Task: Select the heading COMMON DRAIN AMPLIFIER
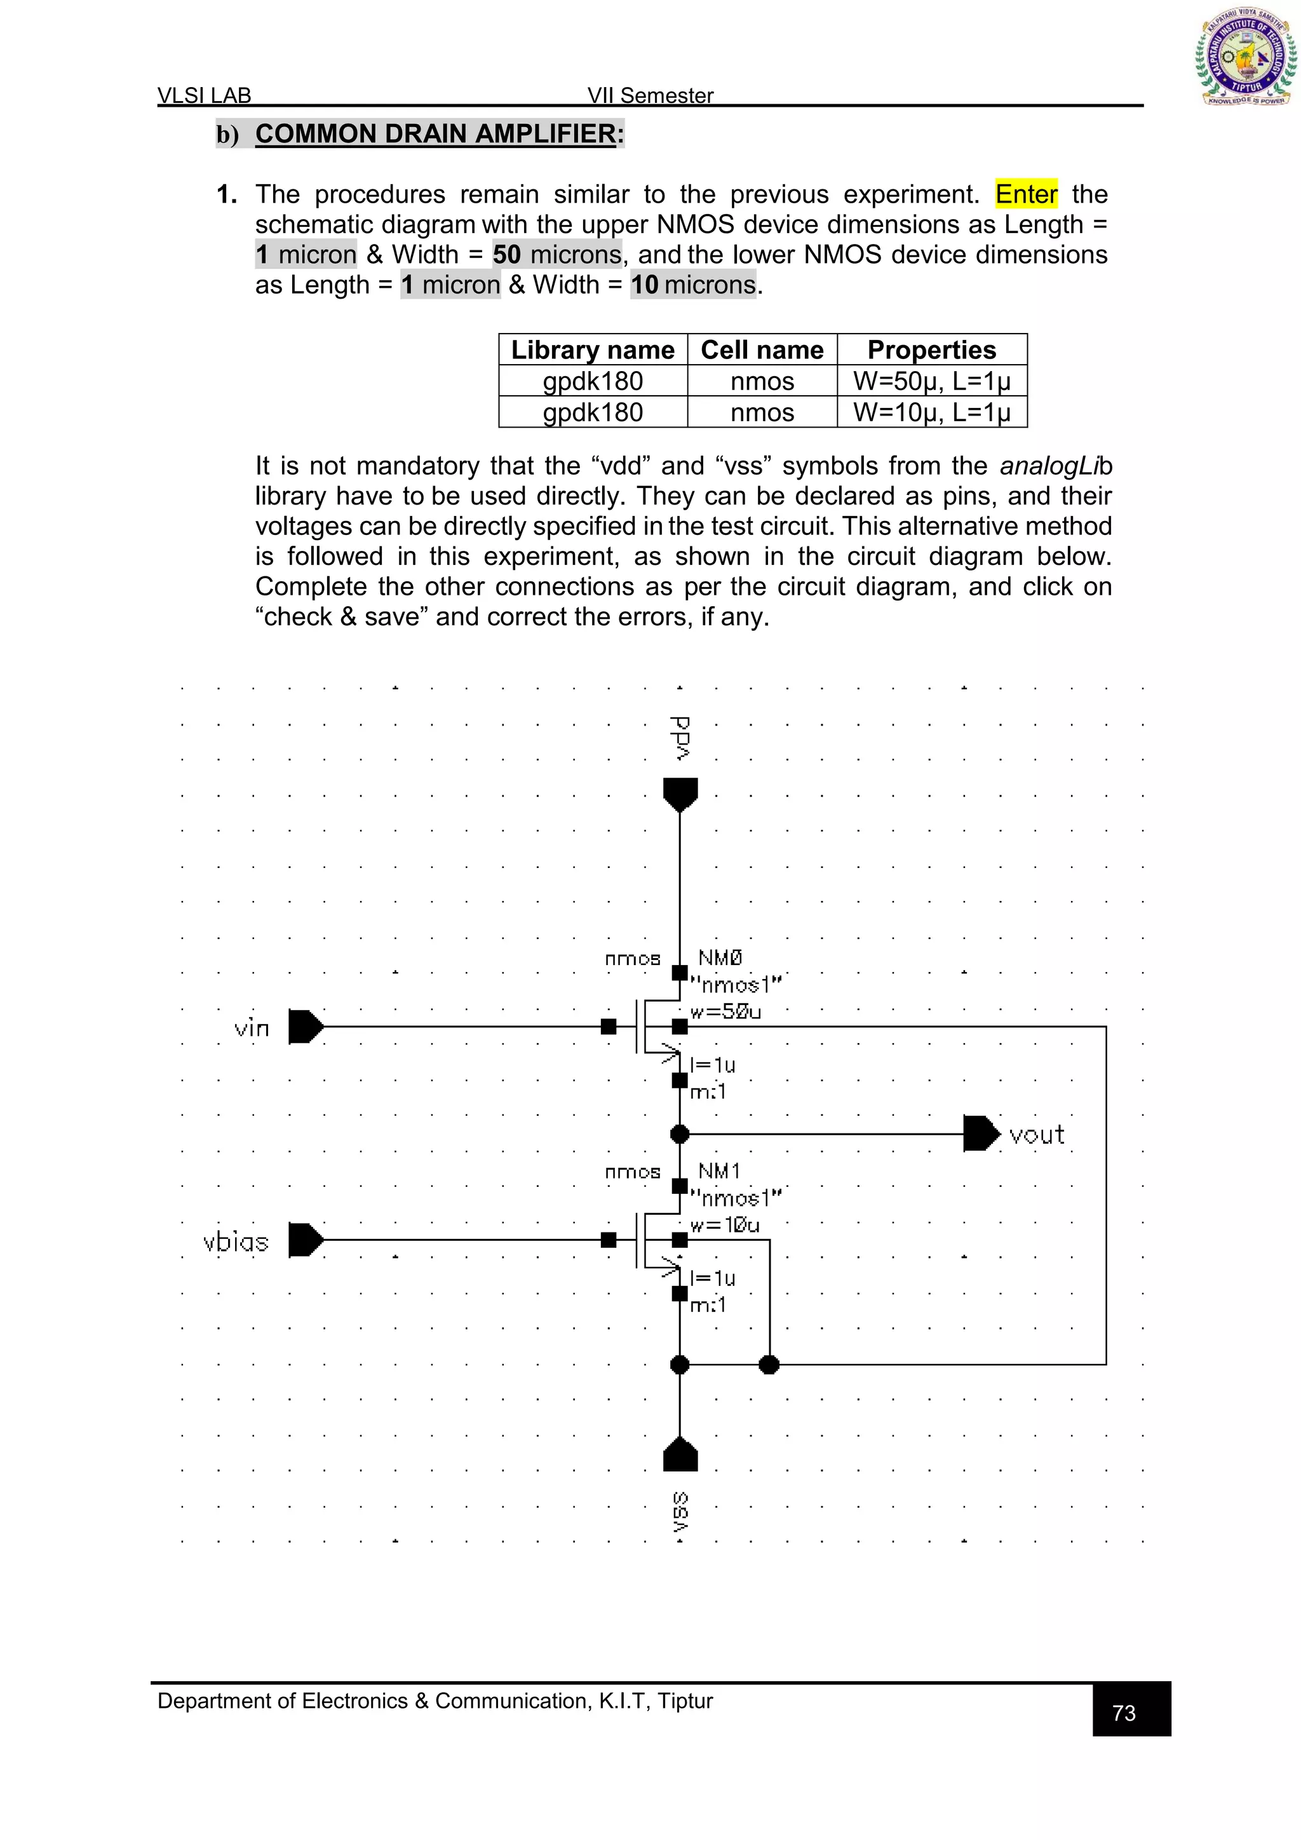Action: coord(436,134)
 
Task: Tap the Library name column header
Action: coord(593,350)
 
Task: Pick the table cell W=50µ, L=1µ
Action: coord(932,381)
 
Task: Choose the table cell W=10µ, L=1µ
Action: coord(932,413)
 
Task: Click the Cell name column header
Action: coord(762,350)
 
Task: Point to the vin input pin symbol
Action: coord(305,1027)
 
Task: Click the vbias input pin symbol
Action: coord(305,1240)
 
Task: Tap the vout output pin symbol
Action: coord(981,1133)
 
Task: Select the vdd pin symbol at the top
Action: coord(680,794)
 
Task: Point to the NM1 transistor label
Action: coord(718,1171)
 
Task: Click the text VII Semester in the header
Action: coord(650,95)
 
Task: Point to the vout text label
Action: coord(1037,1135)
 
